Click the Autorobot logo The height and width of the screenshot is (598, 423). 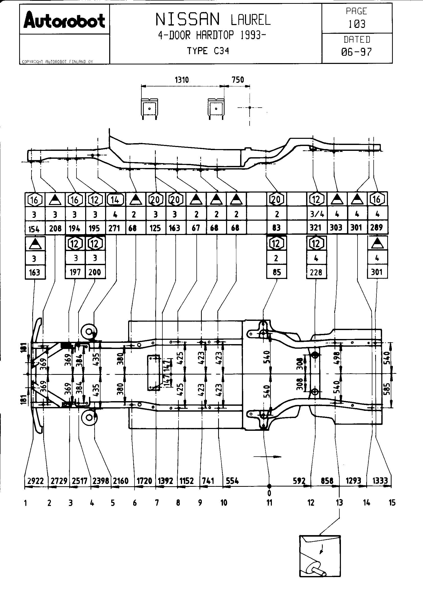64,20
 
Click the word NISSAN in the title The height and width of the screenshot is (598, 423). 187,20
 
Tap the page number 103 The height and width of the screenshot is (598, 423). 357,24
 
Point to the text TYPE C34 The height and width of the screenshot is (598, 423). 208,51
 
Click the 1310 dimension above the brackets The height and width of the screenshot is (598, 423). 182,80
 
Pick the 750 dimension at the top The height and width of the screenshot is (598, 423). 238,80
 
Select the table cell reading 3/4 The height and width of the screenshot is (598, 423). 317,214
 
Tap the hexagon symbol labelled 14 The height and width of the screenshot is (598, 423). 115,200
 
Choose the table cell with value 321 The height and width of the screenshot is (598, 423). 316,228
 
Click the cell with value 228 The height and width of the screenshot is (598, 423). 316,273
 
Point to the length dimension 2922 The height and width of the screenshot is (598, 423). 36,481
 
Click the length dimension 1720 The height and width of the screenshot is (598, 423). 144,481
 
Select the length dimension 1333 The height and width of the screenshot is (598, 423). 380,481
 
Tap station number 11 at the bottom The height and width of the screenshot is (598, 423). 269,503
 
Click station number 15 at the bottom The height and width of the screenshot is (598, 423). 392,503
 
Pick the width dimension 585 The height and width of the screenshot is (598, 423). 387,389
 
